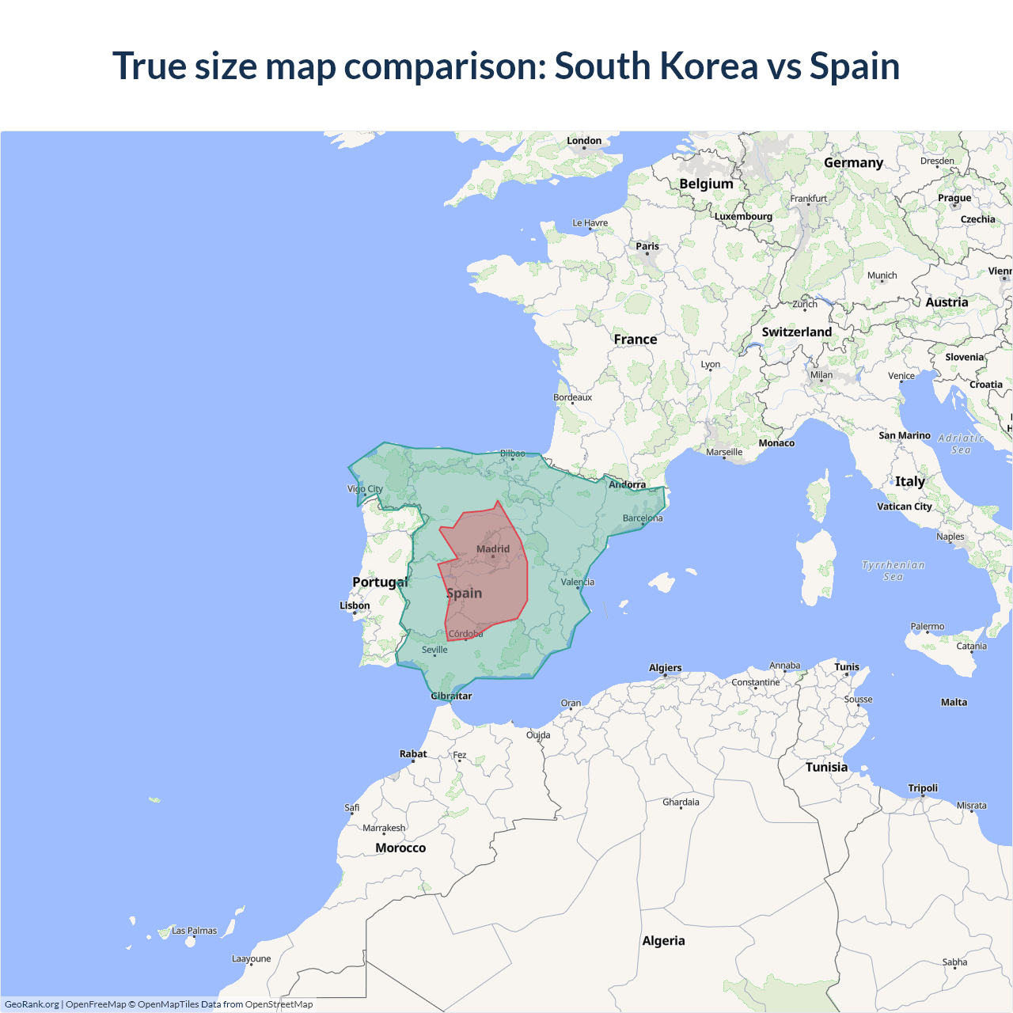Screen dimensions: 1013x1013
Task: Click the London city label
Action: tap(584, 141)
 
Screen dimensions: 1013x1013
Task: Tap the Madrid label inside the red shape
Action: tap(493, 548)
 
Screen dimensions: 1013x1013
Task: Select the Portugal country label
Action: tap(380, 582)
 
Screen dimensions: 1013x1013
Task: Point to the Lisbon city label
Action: tap(355, 605)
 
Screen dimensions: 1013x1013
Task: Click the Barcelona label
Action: tap(643, 518)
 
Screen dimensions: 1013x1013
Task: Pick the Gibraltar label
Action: tap(451, 696)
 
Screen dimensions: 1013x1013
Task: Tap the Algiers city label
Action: tap(665, 668)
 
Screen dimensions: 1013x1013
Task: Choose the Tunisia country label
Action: tap(826, 767)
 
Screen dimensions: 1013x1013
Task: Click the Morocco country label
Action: tap(400, 848)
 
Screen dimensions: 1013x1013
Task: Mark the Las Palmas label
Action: tap(194, 931)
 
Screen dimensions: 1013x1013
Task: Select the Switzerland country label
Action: tap(796, 332)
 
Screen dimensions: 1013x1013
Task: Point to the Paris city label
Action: tap(647, 246)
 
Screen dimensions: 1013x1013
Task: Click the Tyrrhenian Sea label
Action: tap(893, 571)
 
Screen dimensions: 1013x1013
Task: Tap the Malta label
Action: tap(954, 702)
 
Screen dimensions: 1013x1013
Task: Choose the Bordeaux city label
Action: tap(572, 397)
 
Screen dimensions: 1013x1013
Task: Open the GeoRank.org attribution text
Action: tap(32, 1004)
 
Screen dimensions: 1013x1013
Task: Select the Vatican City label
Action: tap(904, 506)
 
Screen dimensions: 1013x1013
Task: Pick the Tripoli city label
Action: tap(923, 788)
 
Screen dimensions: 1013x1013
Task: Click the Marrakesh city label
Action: tap(384, 828)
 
